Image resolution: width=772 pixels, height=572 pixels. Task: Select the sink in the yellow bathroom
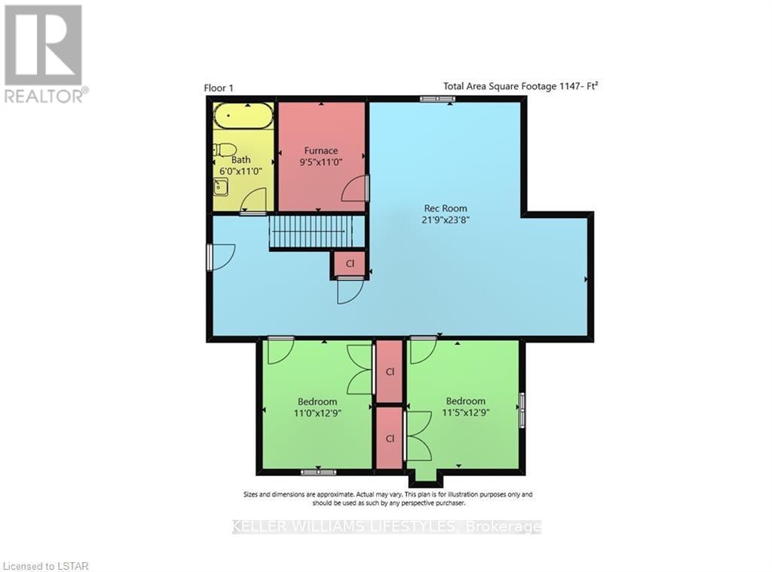(220, 186)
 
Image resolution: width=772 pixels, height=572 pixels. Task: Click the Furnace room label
(321, 150)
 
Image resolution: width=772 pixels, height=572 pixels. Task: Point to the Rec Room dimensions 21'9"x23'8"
(445, 220)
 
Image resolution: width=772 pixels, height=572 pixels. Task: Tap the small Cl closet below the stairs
(350, 263)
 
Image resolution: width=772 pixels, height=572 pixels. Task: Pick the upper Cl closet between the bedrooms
(390, 371)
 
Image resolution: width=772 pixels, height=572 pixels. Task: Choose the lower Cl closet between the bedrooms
(390, 438)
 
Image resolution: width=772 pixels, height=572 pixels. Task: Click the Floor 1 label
(219, 88)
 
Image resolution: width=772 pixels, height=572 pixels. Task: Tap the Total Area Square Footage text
(520, 86)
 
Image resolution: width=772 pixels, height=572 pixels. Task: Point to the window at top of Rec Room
(433, 98)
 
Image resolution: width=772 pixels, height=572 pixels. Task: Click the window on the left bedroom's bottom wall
(318, 472)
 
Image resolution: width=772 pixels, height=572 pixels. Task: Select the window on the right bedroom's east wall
(522, 410)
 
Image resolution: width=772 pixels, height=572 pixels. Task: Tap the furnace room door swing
(354, 190)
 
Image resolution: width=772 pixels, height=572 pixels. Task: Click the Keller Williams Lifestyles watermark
(386, 527)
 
